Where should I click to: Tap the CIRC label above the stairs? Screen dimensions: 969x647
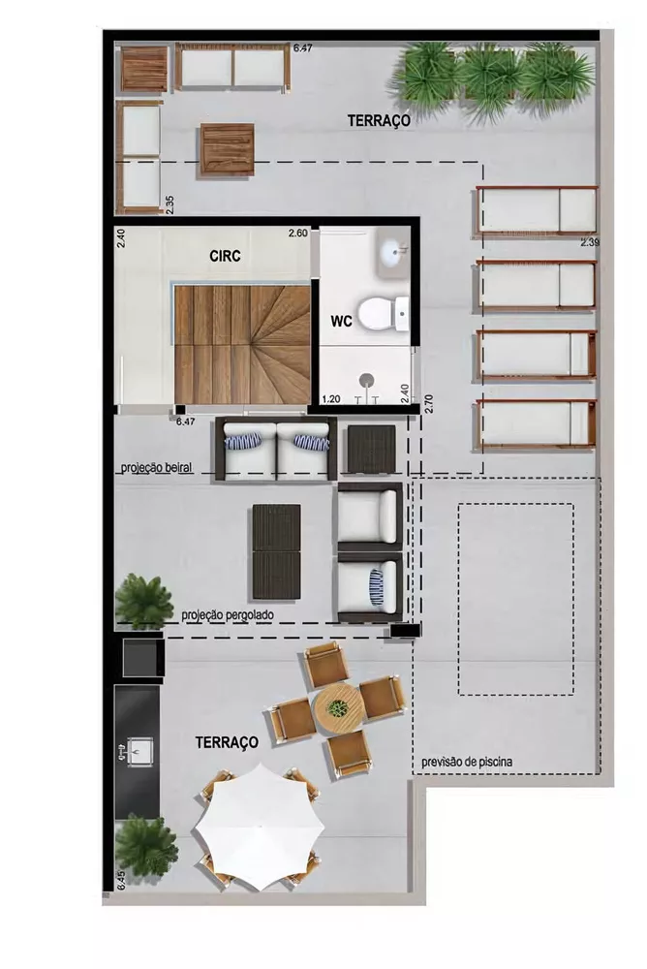click(225, 257)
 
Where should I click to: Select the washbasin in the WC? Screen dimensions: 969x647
click(395, 253)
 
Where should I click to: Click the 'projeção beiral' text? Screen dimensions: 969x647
click(156, 468)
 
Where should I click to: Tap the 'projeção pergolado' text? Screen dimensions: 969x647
click(228, 615)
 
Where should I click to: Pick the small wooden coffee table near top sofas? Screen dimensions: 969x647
click(229, 150)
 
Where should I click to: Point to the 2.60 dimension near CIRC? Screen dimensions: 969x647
click(297, 233)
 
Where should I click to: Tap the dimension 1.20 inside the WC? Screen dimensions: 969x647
click(329, 398)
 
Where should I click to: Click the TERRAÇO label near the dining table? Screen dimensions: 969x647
click(227, 742)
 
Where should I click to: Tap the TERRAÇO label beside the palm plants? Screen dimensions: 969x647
click(380, 120)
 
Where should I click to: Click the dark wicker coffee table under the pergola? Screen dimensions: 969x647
click(277, 553)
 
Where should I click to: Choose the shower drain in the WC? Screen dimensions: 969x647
click(368, 380)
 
